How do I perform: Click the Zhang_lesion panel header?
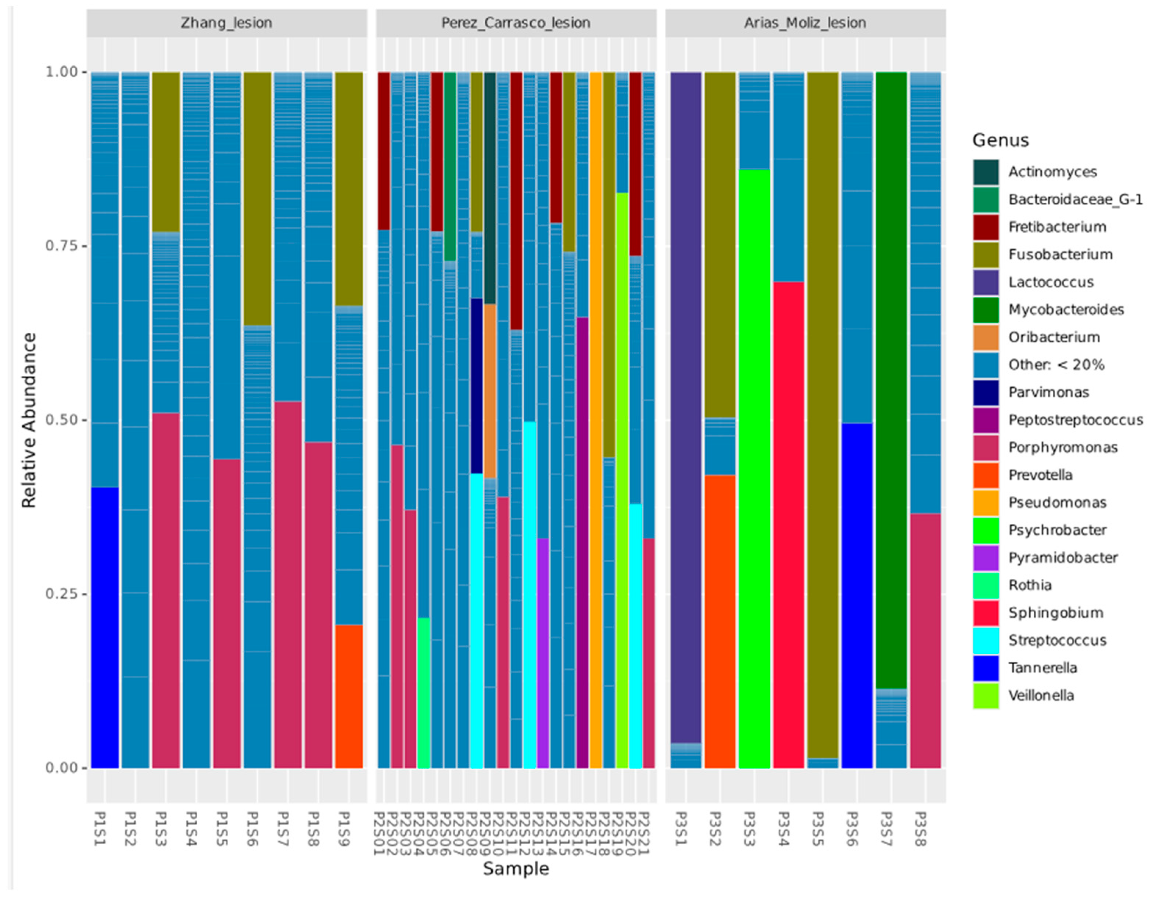226,23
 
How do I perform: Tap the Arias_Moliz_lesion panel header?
805,23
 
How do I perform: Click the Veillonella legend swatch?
985,696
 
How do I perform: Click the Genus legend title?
1000,140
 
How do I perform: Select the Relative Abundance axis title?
29,420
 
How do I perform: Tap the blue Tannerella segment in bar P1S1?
105,628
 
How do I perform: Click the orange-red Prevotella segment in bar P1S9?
349,696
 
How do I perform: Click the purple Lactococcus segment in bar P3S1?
685,406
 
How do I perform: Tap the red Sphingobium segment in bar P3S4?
788,525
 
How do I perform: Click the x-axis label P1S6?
252,829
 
